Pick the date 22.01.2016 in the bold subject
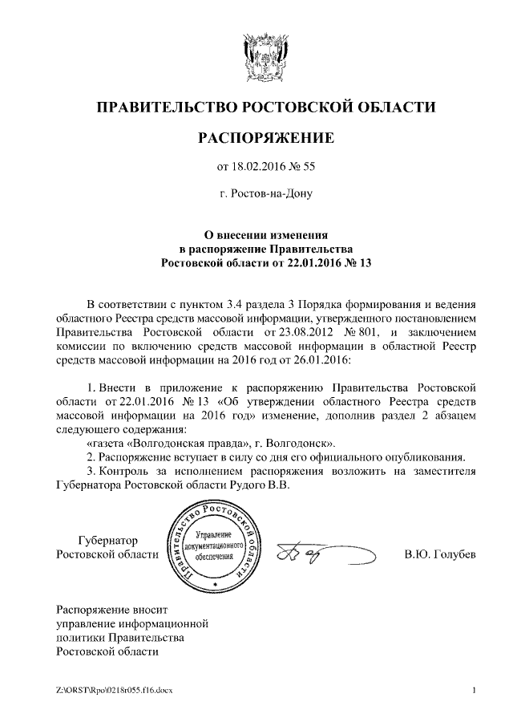tap(315, 262)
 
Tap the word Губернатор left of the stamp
tap(105, 541)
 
